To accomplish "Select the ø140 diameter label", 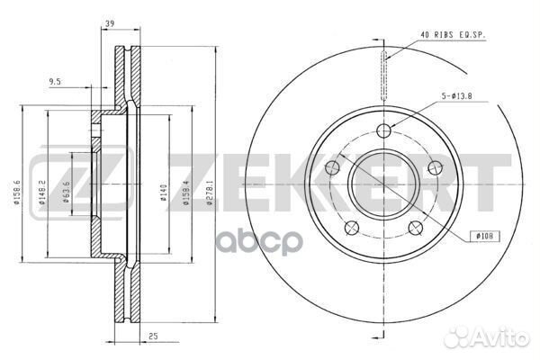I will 163,193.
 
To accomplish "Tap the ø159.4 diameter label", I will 185,193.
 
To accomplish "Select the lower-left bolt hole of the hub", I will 352,227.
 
